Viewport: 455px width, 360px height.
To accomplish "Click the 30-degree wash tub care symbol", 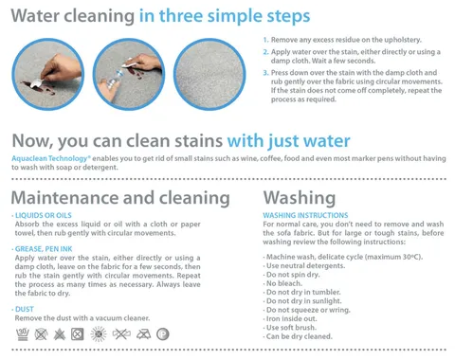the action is point(23,334).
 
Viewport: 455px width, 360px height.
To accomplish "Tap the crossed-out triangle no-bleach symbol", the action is point(60,334).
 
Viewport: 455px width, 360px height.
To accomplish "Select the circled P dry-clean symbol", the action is point(163,334).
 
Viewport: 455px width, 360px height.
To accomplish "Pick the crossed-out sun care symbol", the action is point(99,334).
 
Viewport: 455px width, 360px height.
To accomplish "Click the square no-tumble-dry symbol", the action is point(78,334).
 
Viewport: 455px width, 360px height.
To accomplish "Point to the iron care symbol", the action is point(143,334).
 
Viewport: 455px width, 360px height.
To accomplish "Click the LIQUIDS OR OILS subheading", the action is point(44,215).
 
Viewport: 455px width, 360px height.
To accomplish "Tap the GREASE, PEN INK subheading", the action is point(44,249).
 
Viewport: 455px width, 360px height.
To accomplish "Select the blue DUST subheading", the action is point(25,309).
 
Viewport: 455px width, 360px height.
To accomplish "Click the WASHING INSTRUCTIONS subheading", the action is point(305,215).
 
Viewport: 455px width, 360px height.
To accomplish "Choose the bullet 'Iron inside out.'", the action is point(291,318).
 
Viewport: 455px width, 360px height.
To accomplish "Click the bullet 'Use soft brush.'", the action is point(291,328).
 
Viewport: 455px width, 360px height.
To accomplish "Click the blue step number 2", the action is point(265,52).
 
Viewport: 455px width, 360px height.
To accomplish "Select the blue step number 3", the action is point(265,73).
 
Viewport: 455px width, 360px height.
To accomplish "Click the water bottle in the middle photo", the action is point(114,80).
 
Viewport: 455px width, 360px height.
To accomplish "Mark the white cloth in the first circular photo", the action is point(36,83).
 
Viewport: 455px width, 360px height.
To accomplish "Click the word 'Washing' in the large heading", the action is point(300,198).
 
